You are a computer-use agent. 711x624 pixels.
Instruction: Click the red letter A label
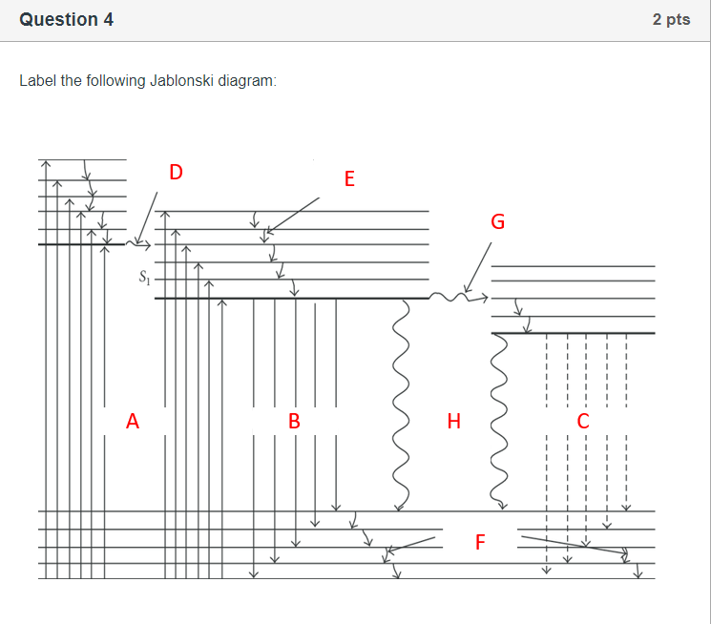click(x=133, y=420)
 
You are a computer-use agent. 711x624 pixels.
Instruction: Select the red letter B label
click(x=295, y=420)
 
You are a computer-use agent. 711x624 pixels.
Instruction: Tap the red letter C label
click(x=584, y=420)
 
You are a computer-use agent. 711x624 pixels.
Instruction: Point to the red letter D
click(x=176, y=172)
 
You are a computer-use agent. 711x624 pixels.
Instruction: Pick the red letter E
click(x=348, y=178)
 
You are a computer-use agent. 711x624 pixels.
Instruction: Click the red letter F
click(x=480, y=543)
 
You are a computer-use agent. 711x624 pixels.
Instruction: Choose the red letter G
click(x=497, y=222)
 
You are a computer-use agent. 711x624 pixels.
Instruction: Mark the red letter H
click(x=453, y=420)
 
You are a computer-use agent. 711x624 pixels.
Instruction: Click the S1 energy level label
click(x=145, y=280)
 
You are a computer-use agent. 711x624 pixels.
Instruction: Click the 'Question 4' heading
click(x=66, y=20)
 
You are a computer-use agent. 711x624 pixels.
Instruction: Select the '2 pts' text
click(x=671, y=20)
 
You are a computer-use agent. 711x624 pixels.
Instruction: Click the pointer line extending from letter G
click(x=478, y=267)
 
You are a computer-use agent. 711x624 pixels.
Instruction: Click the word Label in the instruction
click(x=37, y=81)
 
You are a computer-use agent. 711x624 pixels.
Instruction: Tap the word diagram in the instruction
click(x=246, y=81)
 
